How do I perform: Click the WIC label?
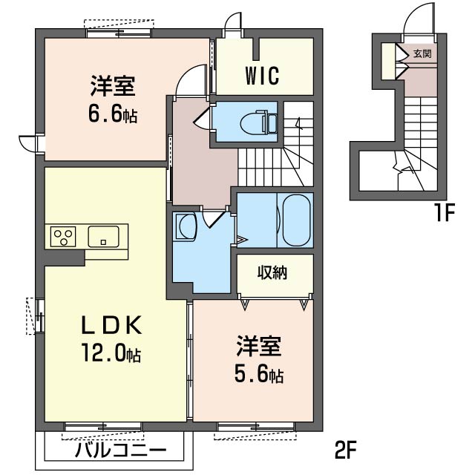pos(262,76)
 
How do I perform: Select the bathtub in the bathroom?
pos(296,220)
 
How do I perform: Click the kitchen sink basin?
pos(103,236)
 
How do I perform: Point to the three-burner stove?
pos(63,236)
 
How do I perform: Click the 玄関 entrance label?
pos(422,54)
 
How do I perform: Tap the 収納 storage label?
pos(272,272)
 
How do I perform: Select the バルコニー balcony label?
pos(121,451)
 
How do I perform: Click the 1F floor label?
pos(445,213)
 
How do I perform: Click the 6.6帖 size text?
pos(113,114)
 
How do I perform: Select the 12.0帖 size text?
pos(111,353)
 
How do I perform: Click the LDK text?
pos(111,325)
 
